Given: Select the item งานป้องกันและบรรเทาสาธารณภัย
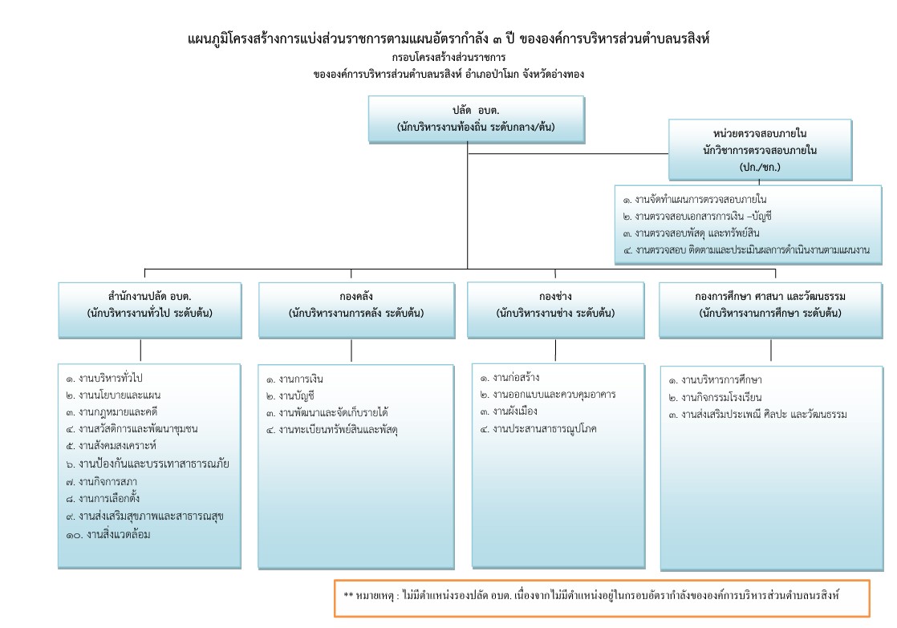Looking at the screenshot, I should tap(148, 464).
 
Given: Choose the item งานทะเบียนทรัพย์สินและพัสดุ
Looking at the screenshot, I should tap(332, 431).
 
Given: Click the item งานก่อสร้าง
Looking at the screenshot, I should tap(514, 377).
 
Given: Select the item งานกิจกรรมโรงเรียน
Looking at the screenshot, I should tap(714, 397).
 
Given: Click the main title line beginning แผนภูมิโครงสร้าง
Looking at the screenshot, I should tap(448, 39).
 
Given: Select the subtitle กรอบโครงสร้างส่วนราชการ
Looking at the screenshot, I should tap(448, 59).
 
